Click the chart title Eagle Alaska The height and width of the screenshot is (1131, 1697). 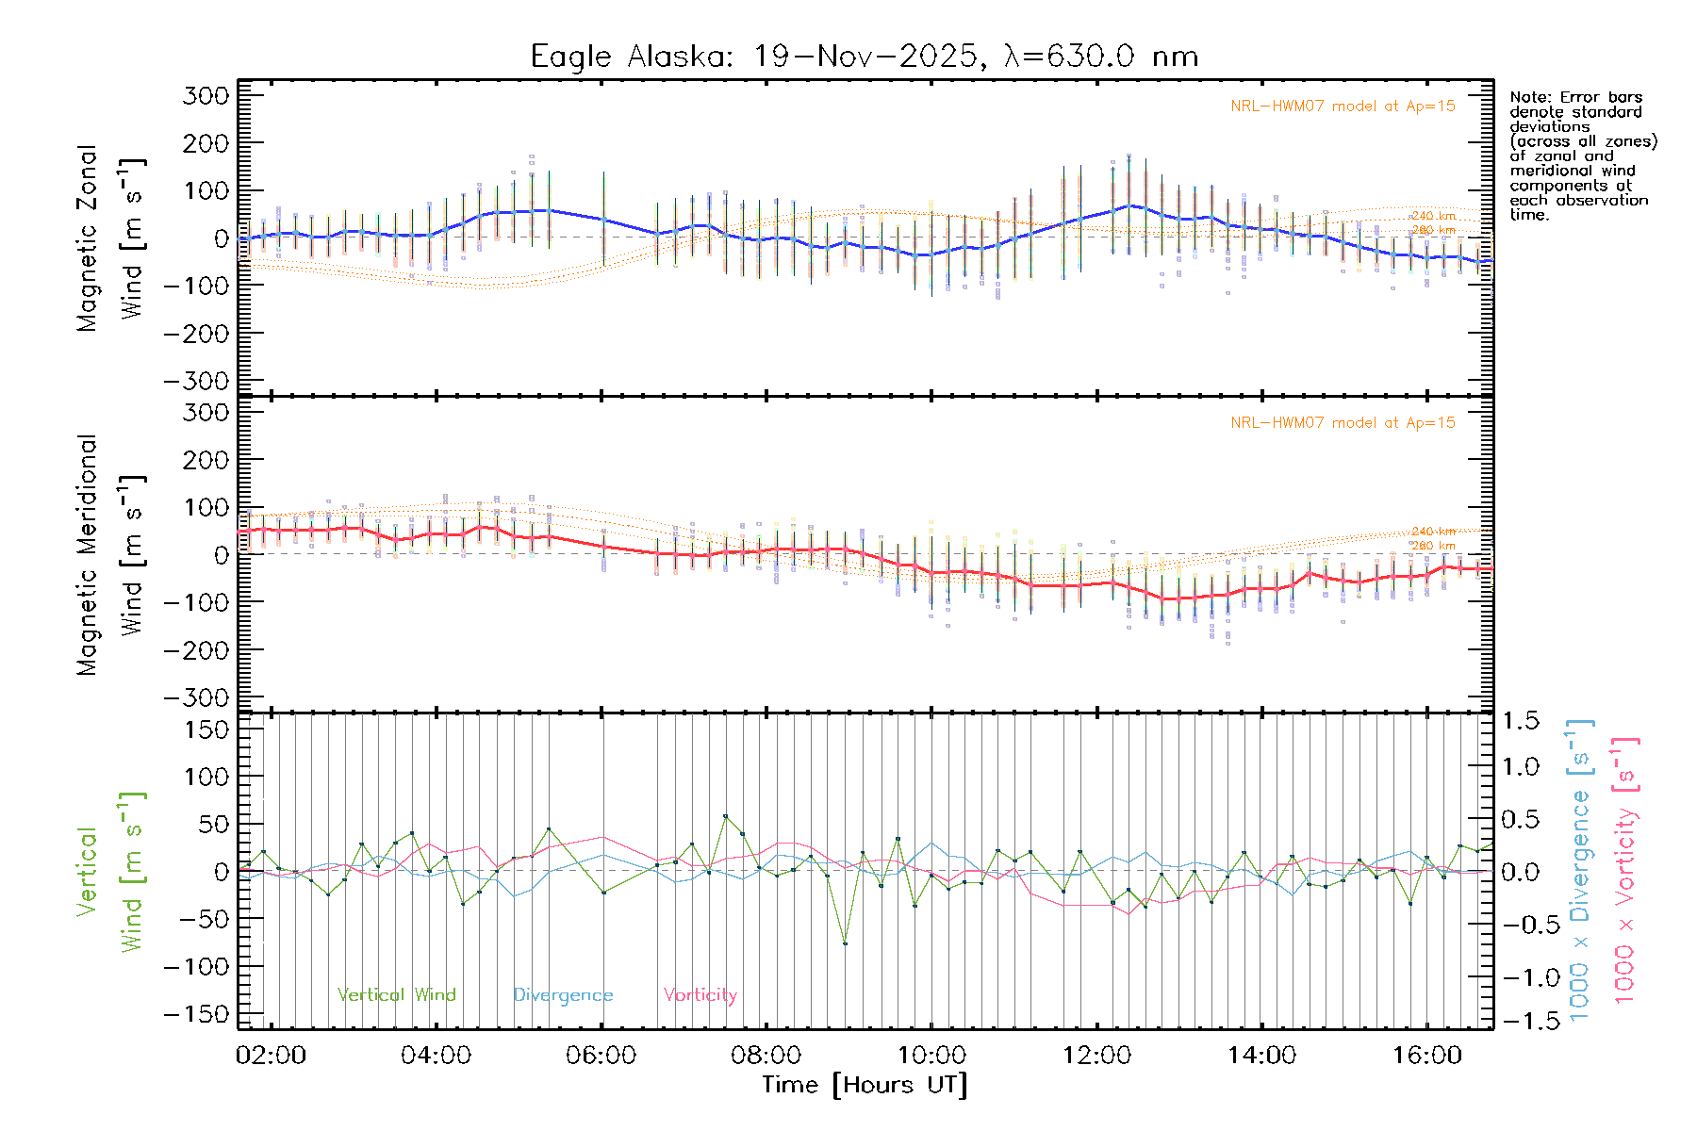[864, 57]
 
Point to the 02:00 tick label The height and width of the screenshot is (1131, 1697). [271, 1055]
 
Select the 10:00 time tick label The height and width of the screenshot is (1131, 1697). [931, 1055]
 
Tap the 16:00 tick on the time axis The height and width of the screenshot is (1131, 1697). [1426, 1055]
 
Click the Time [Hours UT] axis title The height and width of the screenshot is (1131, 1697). [864, 1085]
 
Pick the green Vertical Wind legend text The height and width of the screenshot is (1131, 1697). [396, 995]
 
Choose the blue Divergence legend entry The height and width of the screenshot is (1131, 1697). [563, 995]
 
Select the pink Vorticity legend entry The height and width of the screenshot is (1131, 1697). [700, 995]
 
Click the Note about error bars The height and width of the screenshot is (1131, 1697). [1582, 156]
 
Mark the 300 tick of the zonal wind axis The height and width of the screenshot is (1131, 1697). [206, 95]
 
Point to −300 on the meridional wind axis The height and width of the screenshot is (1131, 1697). [196, 697]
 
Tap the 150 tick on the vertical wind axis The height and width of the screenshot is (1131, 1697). [206, 729]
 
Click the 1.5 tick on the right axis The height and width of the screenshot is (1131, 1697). [1521, 721]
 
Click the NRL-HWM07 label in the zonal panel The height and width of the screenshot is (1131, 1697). [1343, 107]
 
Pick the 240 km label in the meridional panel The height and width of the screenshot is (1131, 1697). [1433, 532]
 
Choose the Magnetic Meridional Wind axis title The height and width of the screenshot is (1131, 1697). [109, 554]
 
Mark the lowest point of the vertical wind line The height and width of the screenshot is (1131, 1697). [845, 943]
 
